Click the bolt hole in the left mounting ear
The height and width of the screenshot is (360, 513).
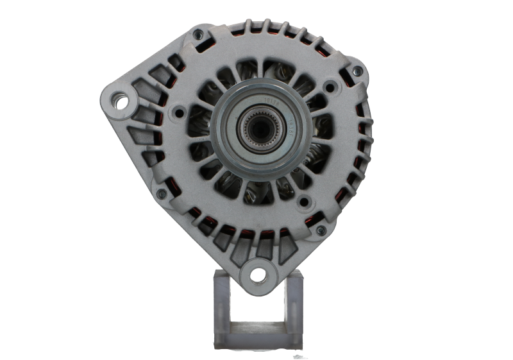(119, 99)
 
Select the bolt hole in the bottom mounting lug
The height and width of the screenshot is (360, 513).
(258, 275)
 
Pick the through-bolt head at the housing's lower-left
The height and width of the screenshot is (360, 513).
(162, 193)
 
